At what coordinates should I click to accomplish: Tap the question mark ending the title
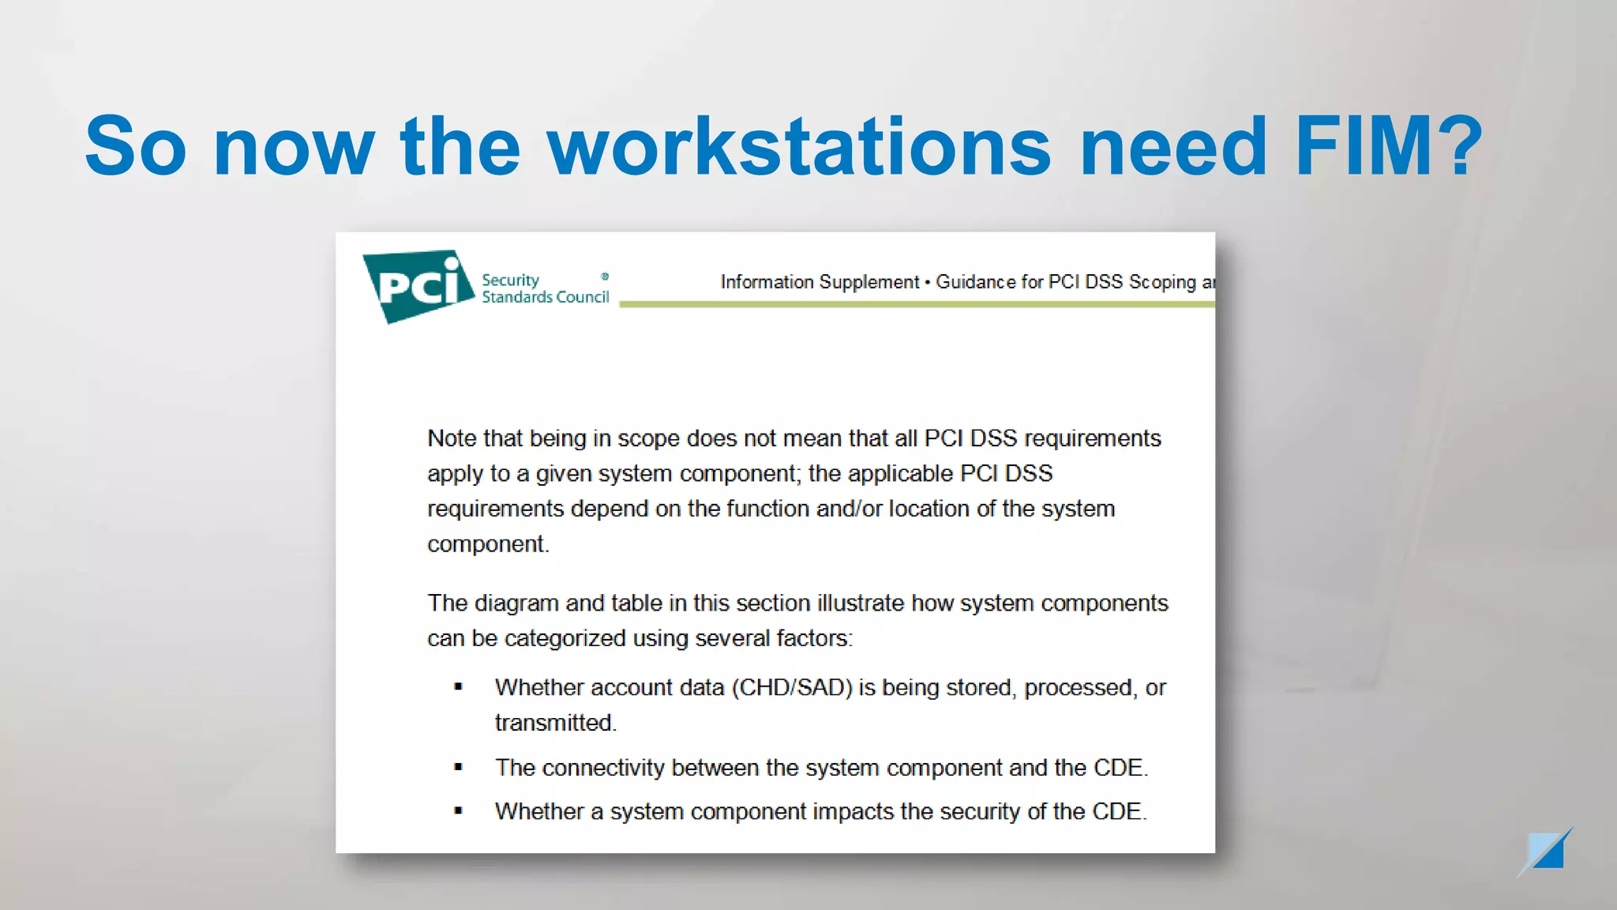pyautogui.click(x=1458, y=147)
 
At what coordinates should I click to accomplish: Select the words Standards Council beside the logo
pyautogui.click(x=546, y=298)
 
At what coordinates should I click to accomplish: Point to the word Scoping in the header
pyautogui.click(x=1162, y=282)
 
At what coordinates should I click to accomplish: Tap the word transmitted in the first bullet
pyautogui.click(x=554, y=723)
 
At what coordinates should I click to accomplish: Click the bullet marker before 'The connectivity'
pyautogui.click(x=459, y=767)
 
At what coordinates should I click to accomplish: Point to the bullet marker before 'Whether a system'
pyautogui.click(x=459, y=811)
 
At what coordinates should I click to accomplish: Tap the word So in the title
pyautogui.click(x=135, y=147)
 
